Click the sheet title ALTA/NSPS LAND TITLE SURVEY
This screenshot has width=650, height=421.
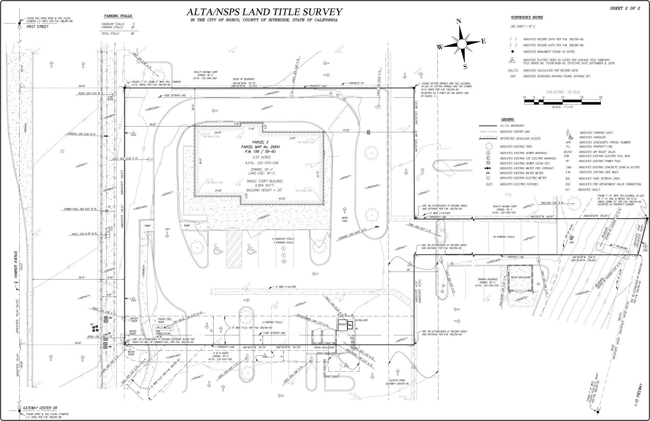264,12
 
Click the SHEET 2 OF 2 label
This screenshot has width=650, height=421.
625,8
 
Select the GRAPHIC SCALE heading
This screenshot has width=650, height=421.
563,92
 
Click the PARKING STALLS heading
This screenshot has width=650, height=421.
118,16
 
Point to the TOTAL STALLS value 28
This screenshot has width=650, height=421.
132,34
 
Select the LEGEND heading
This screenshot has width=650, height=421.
507,119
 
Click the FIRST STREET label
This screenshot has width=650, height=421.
37,27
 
